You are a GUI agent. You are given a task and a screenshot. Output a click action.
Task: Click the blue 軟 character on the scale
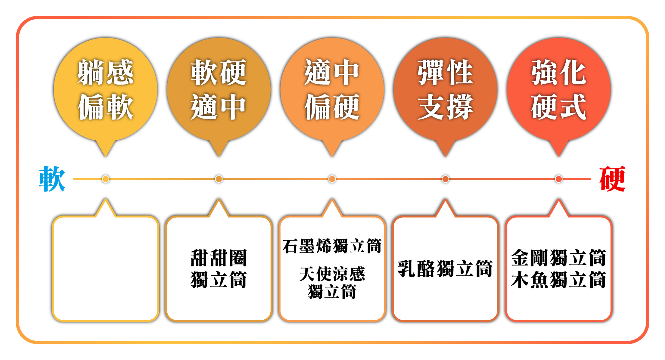pyautogui.click(x=52, y=179)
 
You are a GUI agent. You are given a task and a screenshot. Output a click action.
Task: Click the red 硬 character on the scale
pyautogui.click(x=612, y=179)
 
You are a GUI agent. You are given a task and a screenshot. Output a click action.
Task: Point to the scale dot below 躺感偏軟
pyautogui.click(x=105, y=179)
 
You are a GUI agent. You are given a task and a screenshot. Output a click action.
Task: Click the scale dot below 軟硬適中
pyautogui.click(x=219, y=179)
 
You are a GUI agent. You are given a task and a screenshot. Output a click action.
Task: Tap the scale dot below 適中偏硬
pyautogui.click(x=332, y=179)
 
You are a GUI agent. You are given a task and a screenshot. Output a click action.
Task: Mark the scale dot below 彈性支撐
pyautogui.click(x=445, y=179)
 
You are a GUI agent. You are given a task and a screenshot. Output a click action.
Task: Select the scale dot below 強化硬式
pyautogui.click(x=559, y=179)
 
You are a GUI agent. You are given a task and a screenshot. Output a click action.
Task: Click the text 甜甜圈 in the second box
pyautogui.click(x=219, y=258)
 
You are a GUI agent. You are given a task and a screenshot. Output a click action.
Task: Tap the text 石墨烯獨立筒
pyautogui.click(x=332, y=246)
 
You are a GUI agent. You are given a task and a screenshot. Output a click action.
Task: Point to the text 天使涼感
pyautogui.click(x=332, y=274)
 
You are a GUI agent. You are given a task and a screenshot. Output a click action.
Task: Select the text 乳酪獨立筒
pyautogui.click(x=445, y=268)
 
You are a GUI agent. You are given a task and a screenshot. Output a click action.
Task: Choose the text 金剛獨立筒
pyautogui.click(x=559, y=258)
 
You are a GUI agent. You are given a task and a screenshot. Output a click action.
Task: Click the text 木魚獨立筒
pyautogui.click(x=559, y=280)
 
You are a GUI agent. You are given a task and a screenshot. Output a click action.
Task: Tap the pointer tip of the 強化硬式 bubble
pyautogui.click(x=559, y=157)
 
